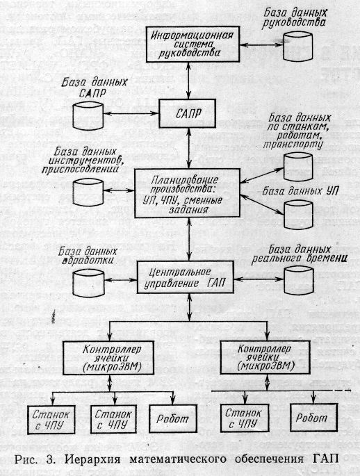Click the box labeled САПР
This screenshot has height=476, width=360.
click(x=187, y=113)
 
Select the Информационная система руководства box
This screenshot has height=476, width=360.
click(x=193, y=44)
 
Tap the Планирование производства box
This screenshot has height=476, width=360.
click(x=187, y=193)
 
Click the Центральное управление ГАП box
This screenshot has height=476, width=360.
click(x=186, y=277)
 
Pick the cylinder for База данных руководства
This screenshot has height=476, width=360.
click(x=297, y=47)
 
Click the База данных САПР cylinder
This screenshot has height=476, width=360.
click(x=88, y=115)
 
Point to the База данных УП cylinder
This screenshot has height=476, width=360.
click(x=298, y=215)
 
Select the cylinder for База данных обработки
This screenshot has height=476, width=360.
click(x=89, y=283)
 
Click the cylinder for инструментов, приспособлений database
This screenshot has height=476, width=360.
click(x=88, y=192)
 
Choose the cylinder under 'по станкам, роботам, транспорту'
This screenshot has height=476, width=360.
click(x=298, y=167)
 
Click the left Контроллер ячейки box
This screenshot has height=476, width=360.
click(x=108, y=358)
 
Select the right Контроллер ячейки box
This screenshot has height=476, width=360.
click(x=265, y=357)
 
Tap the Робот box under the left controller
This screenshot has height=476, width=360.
click(x=173, y=419)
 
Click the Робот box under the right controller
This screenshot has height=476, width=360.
click(x=314, y=418)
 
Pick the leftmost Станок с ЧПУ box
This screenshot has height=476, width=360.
click(x=51, y=420)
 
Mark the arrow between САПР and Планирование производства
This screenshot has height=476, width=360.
click(x=190, y=148)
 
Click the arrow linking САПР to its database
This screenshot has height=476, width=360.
click(x=131, y=113)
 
